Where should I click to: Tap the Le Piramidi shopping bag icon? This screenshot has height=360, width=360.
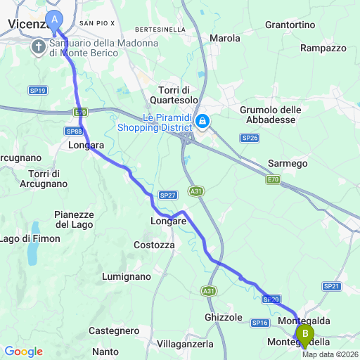202,122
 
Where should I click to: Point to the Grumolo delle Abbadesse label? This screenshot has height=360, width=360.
271,115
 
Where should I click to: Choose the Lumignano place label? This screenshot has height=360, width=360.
127,276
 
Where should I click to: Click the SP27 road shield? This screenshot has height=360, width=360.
167,195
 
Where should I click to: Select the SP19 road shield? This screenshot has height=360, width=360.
38,91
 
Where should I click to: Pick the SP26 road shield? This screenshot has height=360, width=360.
250,139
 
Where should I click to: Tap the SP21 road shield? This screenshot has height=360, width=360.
331,286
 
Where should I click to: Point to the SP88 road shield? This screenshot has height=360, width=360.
73,131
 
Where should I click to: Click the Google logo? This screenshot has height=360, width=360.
23,351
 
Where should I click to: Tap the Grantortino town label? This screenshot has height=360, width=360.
290,25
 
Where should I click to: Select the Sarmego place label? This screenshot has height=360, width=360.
288,163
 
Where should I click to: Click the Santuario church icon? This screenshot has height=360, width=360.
39,47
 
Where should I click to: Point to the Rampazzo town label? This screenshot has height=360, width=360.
323,48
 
